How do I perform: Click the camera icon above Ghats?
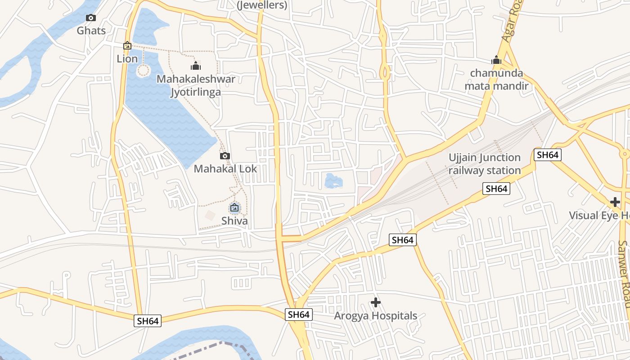click(x=91, y=18)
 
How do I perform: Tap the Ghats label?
click(x=91, y=31)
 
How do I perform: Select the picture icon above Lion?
click(x=127, y=45)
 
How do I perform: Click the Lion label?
click(x=127, y=58)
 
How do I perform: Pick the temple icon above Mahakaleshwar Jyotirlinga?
click(x=196, y=67)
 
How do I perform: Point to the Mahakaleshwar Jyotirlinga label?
click(x=196, y=85)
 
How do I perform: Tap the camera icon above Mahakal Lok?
click(x=225, y=156)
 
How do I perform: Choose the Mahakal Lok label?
click(x=225, y=169)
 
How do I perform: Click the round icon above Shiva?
click(x=234, y=208)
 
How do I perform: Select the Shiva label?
click(x=234, y=221)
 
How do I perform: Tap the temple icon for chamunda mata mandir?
click(x=496, y=60)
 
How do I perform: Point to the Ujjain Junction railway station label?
click(x=484, y=164)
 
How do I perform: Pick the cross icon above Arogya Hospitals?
click(x=376, y=302)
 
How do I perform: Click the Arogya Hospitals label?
click(x=376, y=316)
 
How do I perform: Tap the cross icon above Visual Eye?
click(x=615, y=202)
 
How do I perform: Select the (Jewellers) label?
click(x=262, y=5)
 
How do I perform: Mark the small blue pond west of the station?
click(x=333, y=181)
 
